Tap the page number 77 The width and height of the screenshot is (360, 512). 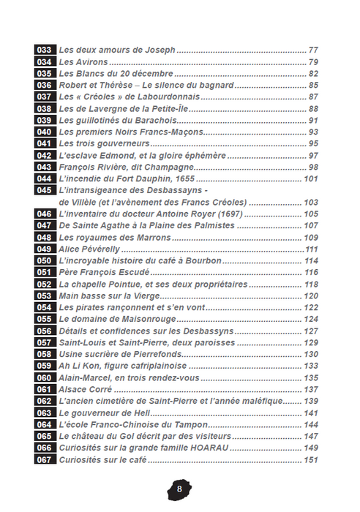314,50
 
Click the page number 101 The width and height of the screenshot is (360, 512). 312,178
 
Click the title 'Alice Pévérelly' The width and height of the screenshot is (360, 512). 91,249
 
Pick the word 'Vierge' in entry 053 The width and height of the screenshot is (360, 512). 143,295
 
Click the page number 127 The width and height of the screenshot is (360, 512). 312,331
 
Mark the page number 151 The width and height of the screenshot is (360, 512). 312,459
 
